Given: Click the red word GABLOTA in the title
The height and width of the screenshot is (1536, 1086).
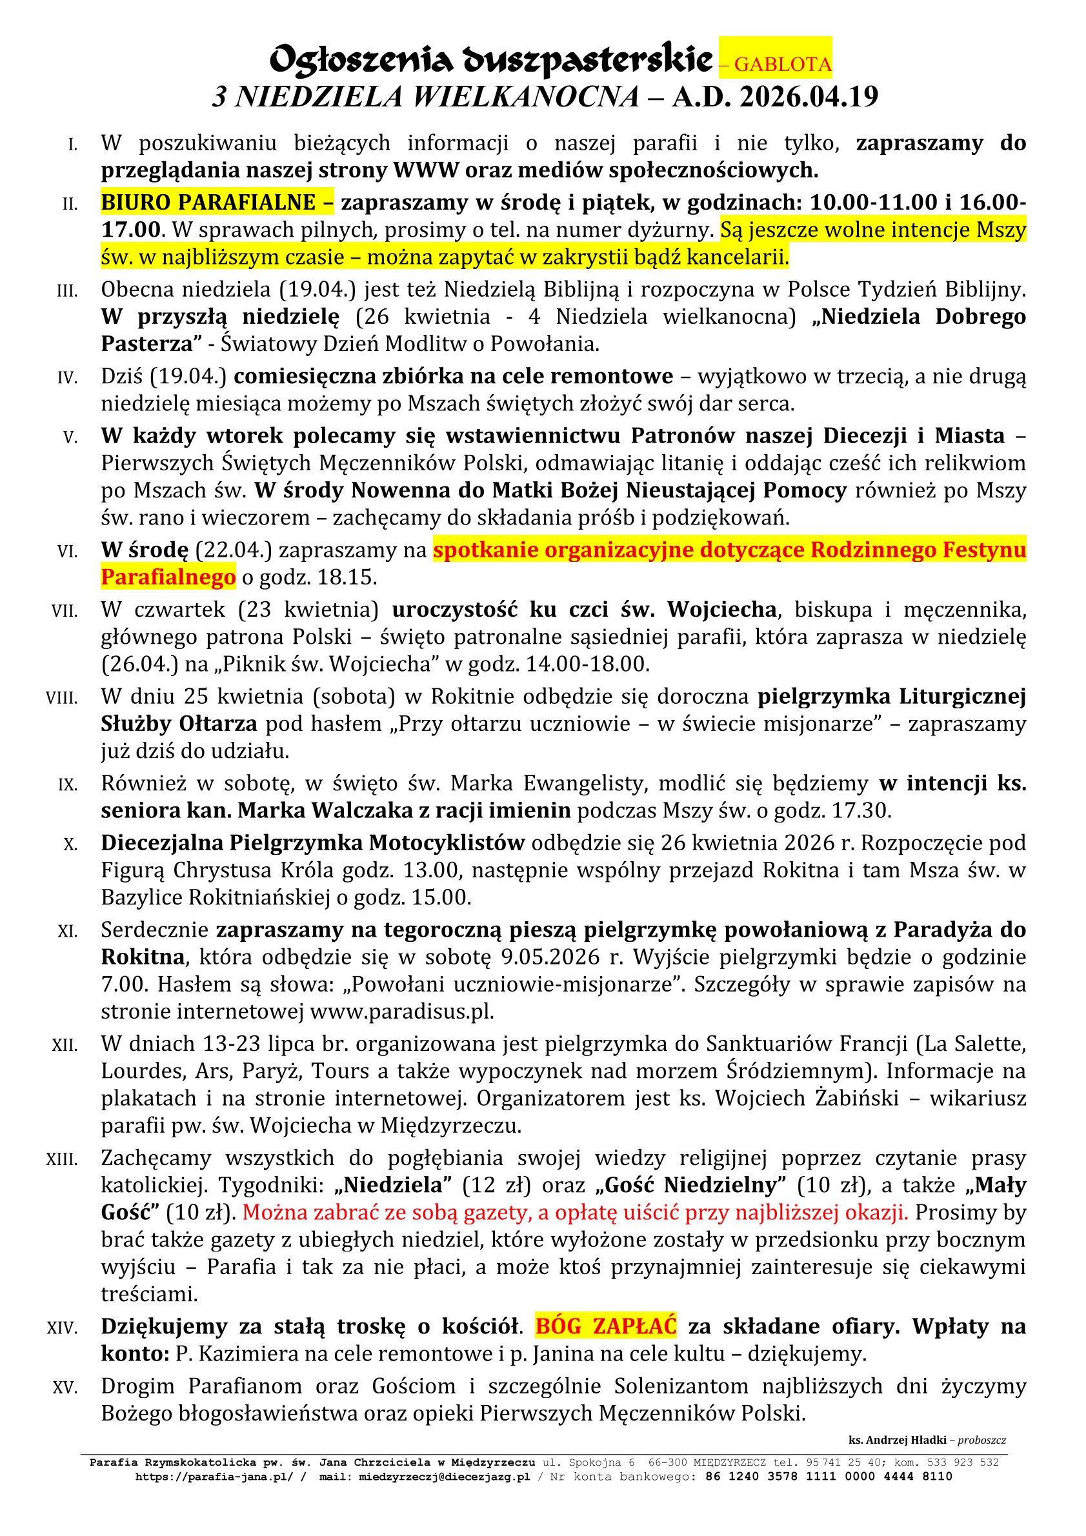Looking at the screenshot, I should (x=783, y=65).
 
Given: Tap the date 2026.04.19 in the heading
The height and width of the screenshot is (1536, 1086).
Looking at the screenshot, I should (x=809, y=97).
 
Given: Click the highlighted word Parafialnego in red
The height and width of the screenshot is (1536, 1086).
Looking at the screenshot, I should (x=168, y=577).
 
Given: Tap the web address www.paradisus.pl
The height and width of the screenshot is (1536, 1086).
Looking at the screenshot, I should (x=401, y=1012).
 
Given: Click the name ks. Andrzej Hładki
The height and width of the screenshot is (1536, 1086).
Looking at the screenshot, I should (x=900, y=1440).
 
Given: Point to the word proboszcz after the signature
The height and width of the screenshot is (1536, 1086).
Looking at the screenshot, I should (x=982, y=1440).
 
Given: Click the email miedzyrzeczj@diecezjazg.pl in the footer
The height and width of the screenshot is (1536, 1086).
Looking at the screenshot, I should (x=445, y=1476).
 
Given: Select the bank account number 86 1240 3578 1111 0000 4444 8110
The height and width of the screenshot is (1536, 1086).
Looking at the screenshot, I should (x=829, y=1476).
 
